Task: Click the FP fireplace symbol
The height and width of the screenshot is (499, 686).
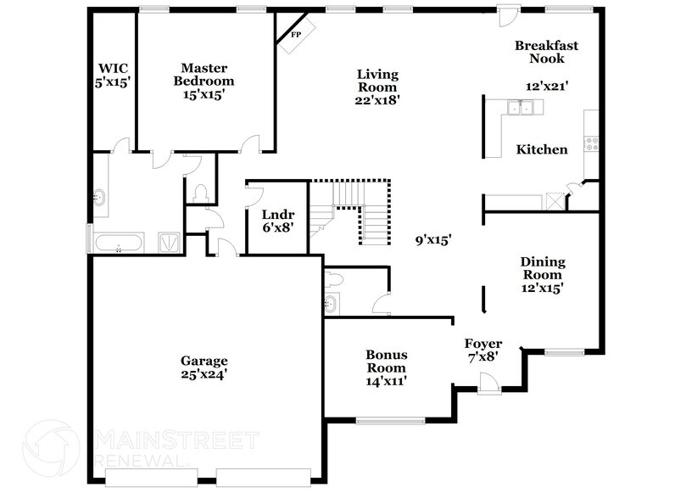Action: [296, 34]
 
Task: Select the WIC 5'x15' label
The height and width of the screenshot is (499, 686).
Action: [113, 75]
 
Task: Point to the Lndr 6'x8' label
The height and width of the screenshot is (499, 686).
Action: [277, 221]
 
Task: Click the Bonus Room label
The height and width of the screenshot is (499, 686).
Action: [385, 367]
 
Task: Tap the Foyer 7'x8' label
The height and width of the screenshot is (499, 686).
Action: [481, 350]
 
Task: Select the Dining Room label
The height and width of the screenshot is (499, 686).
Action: [542, 275]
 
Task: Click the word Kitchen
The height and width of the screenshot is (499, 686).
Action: [542, 150]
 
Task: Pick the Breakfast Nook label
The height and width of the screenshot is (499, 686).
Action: [547, 52]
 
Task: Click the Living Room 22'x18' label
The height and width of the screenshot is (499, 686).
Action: [377, 87]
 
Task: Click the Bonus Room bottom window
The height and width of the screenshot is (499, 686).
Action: [390, 420]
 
